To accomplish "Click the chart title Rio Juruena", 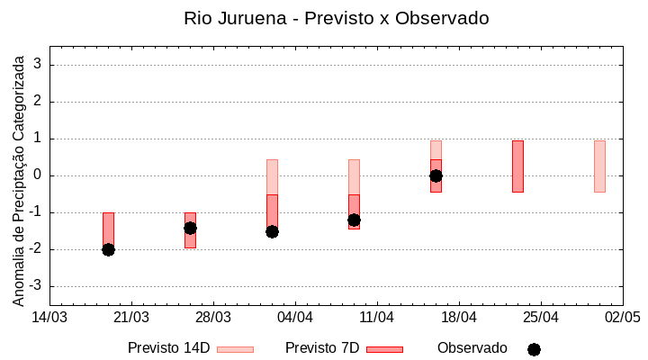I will coord(336,18).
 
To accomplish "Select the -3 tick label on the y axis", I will coord(36,286).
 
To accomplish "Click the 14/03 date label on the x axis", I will coord(49,317).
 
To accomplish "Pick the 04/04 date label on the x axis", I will coord(294,317).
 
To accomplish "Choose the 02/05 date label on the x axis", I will coord(622,317).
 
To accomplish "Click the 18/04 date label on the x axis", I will coord(458,317).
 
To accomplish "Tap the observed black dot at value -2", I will coord(108,249).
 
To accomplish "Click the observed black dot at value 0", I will coord(436,175).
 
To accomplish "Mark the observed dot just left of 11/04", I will coord(354,220).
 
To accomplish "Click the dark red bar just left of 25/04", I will coord(517,166).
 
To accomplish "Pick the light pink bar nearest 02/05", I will coord(599,166).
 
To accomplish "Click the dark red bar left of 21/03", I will coord(108,229).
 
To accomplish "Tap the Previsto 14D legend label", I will coord(168,348).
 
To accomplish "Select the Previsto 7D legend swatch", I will coord(384,349).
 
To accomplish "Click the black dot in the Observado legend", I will coord(534,349).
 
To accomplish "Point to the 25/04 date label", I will coord(540,317).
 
